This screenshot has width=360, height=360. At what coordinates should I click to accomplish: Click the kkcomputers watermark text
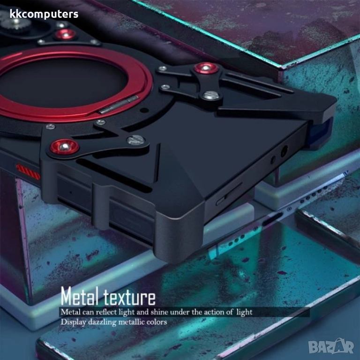point(44,15)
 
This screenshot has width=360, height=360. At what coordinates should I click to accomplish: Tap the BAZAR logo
point(331,346)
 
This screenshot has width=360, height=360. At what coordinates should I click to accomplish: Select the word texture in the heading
point(129,297)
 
